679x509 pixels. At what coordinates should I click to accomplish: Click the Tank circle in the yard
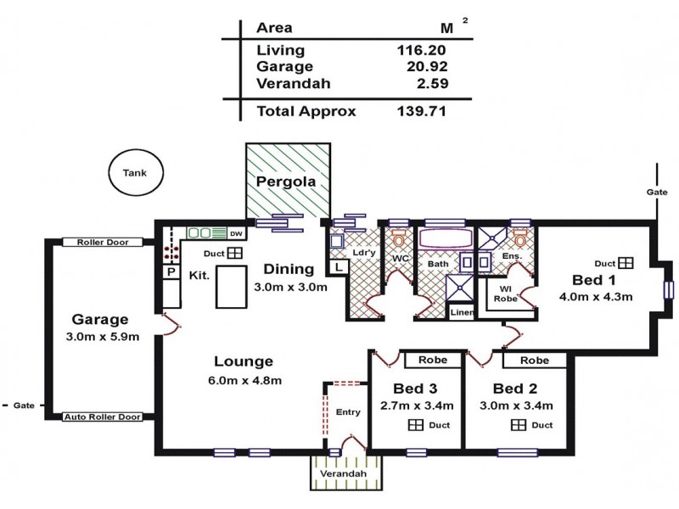click(135, 172)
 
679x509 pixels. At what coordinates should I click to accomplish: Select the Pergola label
click(286, 182)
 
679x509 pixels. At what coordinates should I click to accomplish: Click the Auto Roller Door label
click(108, 417)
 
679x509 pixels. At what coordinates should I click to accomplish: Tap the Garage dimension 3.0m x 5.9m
click(99, 337)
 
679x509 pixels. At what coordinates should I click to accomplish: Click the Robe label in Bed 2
click(534, 361)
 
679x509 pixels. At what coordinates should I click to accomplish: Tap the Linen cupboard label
click(461, 312)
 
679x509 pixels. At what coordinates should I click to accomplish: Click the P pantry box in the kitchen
click(171, 272)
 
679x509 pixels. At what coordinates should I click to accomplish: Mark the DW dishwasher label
click(236, 232)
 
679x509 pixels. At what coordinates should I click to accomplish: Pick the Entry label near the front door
click(348, 412)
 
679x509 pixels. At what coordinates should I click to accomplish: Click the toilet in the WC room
click(399, 239)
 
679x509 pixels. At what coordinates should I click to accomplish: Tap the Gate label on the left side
click(23, 406)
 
